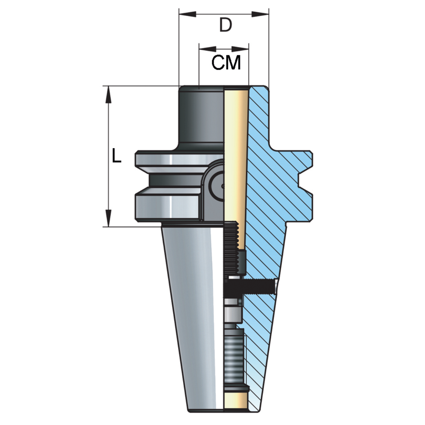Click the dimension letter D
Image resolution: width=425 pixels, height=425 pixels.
(226, 25)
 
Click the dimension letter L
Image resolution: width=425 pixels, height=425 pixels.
(117, 155)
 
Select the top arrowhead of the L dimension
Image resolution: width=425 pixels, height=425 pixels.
(108, 95)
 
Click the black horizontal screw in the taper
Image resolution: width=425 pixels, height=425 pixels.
(250, 286)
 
